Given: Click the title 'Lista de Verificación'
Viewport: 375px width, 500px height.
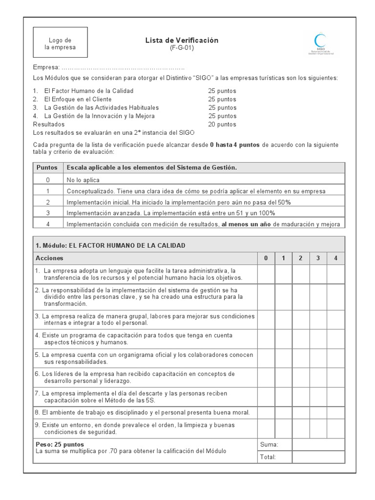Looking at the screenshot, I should [x=182, y=40].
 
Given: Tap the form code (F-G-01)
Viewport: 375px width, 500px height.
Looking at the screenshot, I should [x=182, y=48].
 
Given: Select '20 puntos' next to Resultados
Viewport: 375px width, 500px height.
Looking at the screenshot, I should [x=222, y=125].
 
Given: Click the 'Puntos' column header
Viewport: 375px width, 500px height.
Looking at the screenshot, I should [x=48, y=167].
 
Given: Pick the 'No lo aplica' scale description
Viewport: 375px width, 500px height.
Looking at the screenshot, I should [x=83, y=180].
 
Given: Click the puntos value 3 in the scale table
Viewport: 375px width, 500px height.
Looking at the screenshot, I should [x=48, y=213].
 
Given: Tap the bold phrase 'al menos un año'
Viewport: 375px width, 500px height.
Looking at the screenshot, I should [x=246, y=224].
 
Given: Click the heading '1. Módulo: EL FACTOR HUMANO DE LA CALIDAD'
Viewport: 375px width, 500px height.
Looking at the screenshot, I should [x=110, y=245].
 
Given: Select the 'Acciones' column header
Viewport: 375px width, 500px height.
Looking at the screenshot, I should [x=49, y=258].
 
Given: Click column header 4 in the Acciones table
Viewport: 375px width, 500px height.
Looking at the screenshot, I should [x=335, y=258].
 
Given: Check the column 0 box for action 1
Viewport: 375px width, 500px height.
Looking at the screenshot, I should [x=266, y=274].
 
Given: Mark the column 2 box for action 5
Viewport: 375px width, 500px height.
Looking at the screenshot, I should [x=301, y=358].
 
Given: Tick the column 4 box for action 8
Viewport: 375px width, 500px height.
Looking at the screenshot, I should [x=335, y=412].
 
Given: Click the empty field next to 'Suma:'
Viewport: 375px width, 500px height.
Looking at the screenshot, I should [x=318, y=444].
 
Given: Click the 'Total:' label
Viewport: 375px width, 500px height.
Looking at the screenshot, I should [x=269, y=457].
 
